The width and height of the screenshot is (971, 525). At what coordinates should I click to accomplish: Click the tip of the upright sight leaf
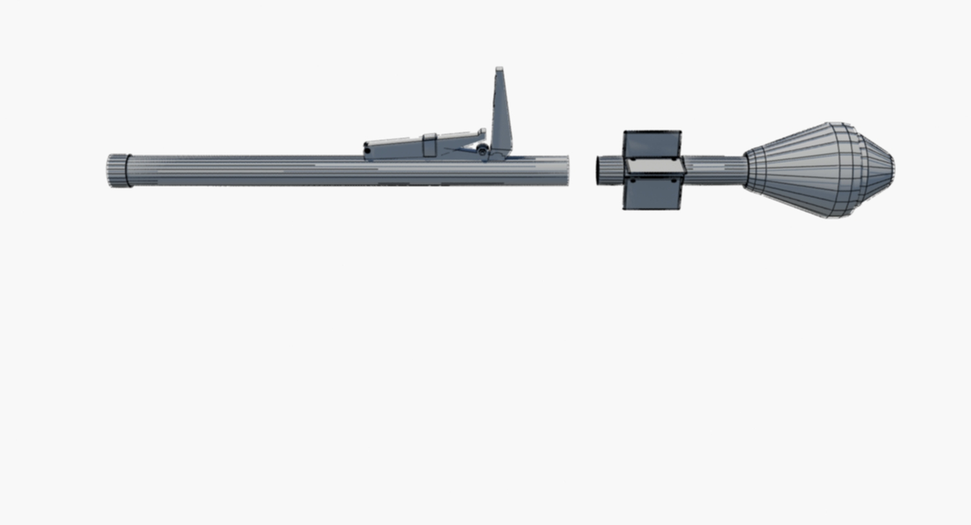[x=499, y=69]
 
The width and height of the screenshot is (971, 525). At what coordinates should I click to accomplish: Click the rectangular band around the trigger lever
[x=429, y=145]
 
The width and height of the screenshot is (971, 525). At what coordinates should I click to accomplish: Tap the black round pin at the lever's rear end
[x=367, y=150]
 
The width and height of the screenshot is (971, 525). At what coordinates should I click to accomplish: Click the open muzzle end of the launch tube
[x=566, y=170]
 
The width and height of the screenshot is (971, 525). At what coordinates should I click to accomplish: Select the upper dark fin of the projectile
[x=652, y=144]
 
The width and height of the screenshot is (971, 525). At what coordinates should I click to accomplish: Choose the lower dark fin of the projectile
[x=652, y=195]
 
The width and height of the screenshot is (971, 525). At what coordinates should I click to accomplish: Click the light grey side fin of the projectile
[x=655, y=166]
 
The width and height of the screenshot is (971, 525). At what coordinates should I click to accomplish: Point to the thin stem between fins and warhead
[x=713, y=170]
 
